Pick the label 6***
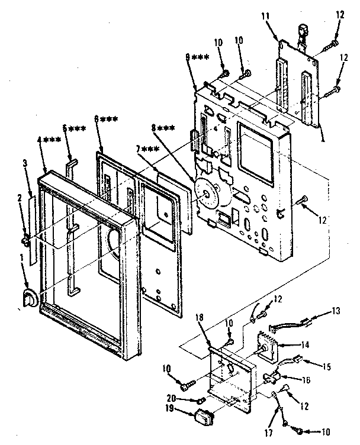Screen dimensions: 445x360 (x=106, y=118)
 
